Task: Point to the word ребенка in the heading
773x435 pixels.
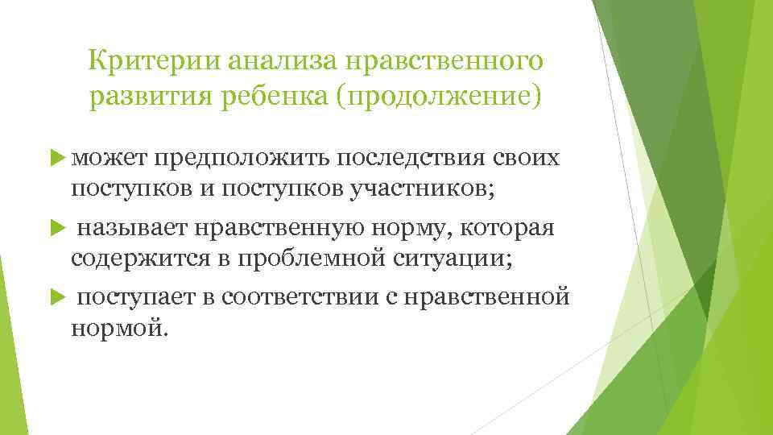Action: (x=287, y=97)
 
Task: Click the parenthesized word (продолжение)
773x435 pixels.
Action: (x=439, y=97)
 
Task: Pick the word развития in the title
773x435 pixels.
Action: (x=151, y=97)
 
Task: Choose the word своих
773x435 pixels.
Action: (x=527, y=159)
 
